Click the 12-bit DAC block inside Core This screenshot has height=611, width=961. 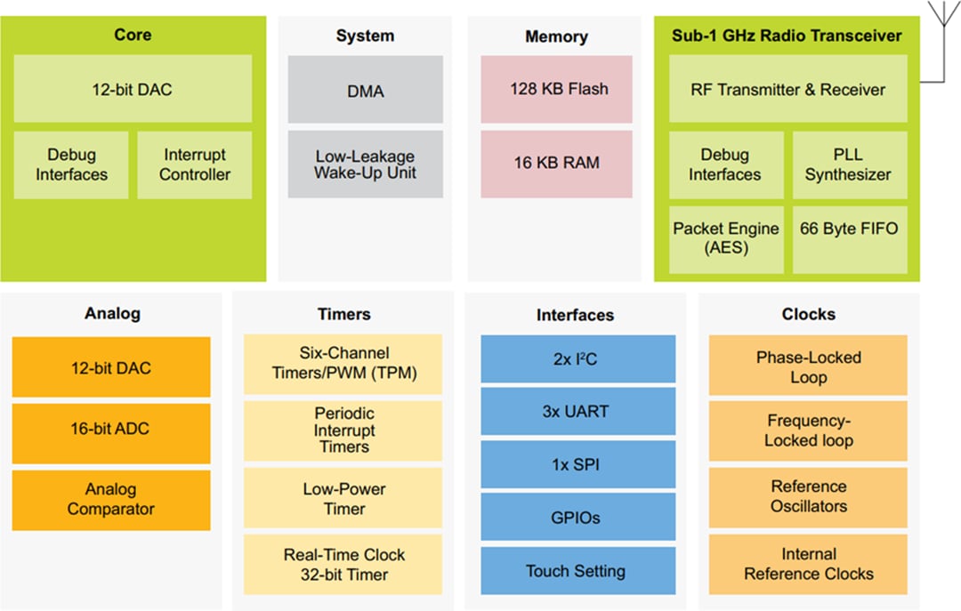(x=133, y=89)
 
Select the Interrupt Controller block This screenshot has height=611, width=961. (x=194, y=165)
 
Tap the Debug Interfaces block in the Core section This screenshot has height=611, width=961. (x=71, y=165)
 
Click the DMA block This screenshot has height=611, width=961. (x=365, y=90)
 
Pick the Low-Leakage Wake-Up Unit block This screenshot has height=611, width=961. (x=365, y=165)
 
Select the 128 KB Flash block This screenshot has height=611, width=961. (x=556, y=89)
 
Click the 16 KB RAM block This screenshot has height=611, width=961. (x=556, y=164)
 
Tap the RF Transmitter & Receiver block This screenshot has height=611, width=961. (x=787, y=89)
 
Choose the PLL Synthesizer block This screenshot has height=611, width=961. (x=849, y=165)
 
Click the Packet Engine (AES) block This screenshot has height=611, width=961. (x=725, y=238)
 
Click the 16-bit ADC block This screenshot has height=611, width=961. (x=111, y=429)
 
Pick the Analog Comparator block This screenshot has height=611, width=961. (x=111, y=499)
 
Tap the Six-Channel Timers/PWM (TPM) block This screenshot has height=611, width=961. (x=343, y=364)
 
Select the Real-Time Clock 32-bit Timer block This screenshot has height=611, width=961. (x=343, y=565)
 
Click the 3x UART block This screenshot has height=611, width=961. (x=577, y=413)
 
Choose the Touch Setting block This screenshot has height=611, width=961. (x=577, y=571)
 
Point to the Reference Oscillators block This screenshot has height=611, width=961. (x=808, y=496)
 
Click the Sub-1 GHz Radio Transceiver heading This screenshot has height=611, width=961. (x=787, y=36)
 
